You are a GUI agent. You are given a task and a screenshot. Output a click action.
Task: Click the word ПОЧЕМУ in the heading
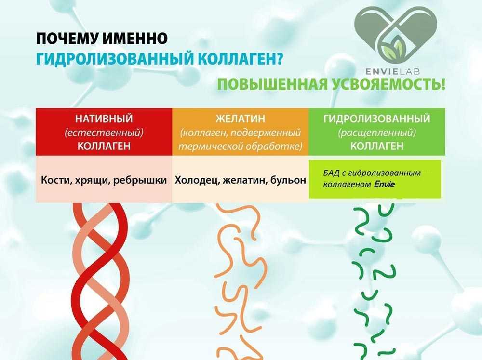click(67, 39)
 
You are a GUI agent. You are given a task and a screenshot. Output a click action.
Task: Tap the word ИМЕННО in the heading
click(135, 39)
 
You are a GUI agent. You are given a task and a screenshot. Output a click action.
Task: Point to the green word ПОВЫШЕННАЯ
click(273, 84)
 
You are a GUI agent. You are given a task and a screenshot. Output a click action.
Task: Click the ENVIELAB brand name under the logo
click(392, 72)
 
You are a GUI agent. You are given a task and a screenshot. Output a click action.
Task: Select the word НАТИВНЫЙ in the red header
click(104, 119)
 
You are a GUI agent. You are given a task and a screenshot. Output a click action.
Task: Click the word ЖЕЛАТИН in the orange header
click(240, 119)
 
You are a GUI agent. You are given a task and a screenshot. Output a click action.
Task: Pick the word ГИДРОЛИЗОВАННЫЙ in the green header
click(376, 119)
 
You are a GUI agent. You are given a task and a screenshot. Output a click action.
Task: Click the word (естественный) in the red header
click(104, 133)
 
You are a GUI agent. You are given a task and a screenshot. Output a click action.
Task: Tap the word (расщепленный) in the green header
click(376, 133)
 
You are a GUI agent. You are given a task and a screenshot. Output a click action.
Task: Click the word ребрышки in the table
click(140, 180)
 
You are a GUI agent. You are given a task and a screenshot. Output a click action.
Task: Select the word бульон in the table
click(288, 180)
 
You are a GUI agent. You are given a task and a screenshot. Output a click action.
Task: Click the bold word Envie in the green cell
click(384, 184)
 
